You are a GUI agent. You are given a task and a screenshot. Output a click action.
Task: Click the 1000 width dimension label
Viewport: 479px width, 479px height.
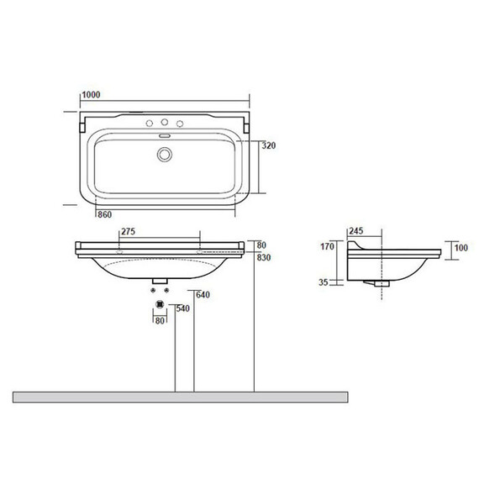tap(91, 95)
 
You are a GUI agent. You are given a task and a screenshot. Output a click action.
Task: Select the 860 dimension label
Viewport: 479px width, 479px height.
tap(104, 215)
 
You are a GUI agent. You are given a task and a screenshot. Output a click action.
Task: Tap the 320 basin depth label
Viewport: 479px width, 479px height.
tap(269, 145)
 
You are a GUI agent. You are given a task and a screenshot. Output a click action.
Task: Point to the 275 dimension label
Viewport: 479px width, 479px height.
tap(128, 232)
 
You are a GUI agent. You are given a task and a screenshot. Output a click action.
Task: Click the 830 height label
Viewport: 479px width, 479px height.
tap(264, 258)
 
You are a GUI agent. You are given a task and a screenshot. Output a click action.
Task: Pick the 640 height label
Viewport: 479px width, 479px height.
tap(203, 295)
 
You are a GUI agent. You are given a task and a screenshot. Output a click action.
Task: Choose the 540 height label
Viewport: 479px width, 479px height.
tap(182, 308)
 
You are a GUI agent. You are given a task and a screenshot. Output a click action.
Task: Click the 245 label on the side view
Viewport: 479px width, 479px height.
tap(356, 231)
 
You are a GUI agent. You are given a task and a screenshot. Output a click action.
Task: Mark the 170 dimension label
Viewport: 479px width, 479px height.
tap(327, 246)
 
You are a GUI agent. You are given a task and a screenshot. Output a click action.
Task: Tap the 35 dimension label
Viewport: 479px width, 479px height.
tap(324, 282)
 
